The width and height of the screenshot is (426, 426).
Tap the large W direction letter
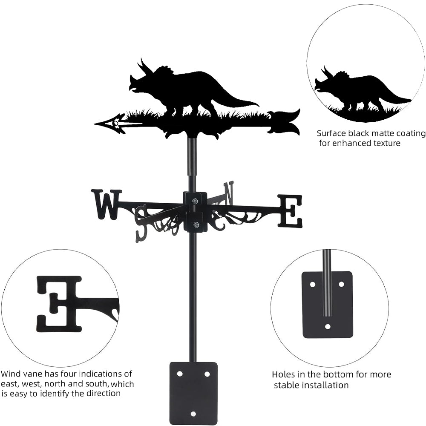(x=106, y=204)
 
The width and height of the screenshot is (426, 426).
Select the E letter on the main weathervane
(x=290, y=211)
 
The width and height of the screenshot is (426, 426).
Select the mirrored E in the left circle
(x=59, y=303)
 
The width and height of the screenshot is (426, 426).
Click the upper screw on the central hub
(x=195, y=201)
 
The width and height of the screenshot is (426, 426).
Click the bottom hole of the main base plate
(x=193, y=414)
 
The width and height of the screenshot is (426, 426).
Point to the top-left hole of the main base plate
(x=180, y=374)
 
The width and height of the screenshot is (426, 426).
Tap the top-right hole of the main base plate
(x=207, y=374)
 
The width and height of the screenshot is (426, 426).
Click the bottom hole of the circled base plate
(x=328, y=327)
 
